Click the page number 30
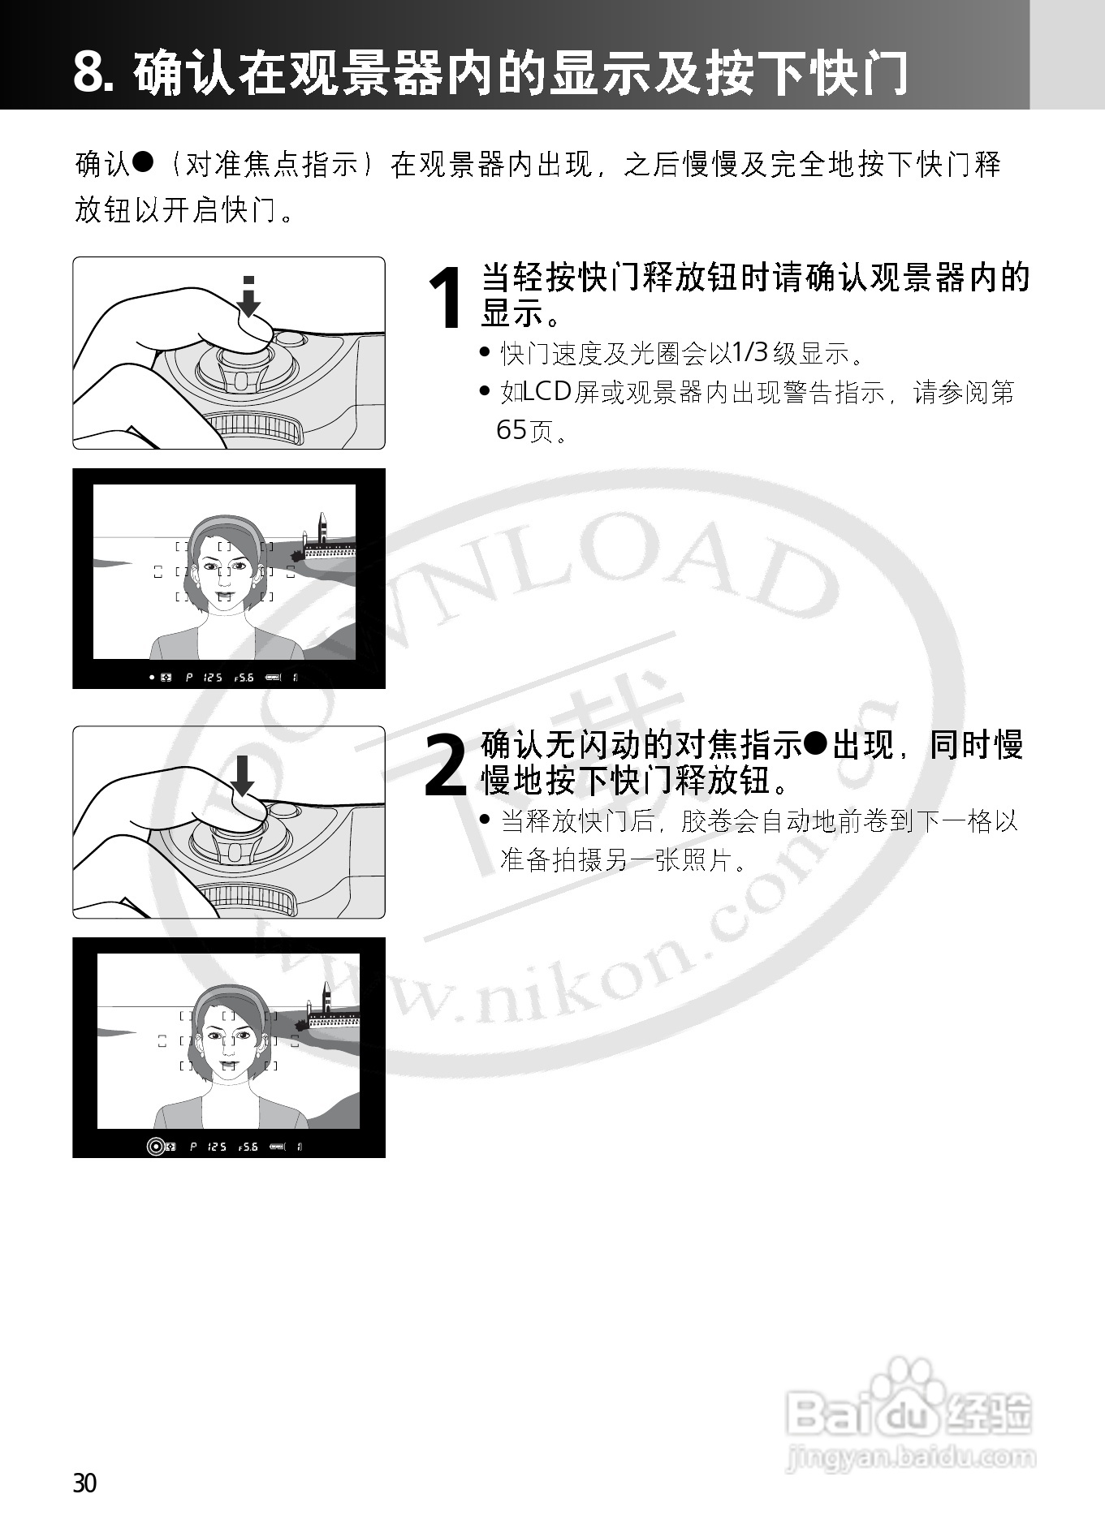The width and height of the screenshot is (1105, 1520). coord(84,1483)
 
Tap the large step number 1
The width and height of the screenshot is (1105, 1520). coord(447,299)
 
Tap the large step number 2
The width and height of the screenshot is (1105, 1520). coord(446,765)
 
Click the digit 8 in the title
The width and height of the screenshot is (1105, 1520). coord(89,73)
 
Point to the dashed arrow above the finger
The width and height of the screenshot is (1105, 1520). coord(249,296)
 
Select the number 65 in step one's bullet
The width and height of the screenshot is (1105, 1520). coord(511,430)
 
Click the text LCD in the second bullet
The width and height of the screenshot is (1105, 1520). coord(548,392)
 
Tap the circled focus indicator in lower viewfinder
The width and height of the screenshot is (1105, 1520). coord(155,1147)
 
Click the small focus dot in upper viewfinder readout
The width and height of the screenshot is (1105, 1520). coord(151,677)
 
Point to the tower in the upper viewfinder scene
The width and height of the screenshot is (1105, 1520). coord(322,528)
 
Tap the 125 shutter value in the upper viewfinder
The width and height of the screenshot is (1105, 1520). coord(213,677)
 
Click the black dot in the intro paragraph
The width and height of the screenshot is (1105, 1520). coord(143,161)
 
